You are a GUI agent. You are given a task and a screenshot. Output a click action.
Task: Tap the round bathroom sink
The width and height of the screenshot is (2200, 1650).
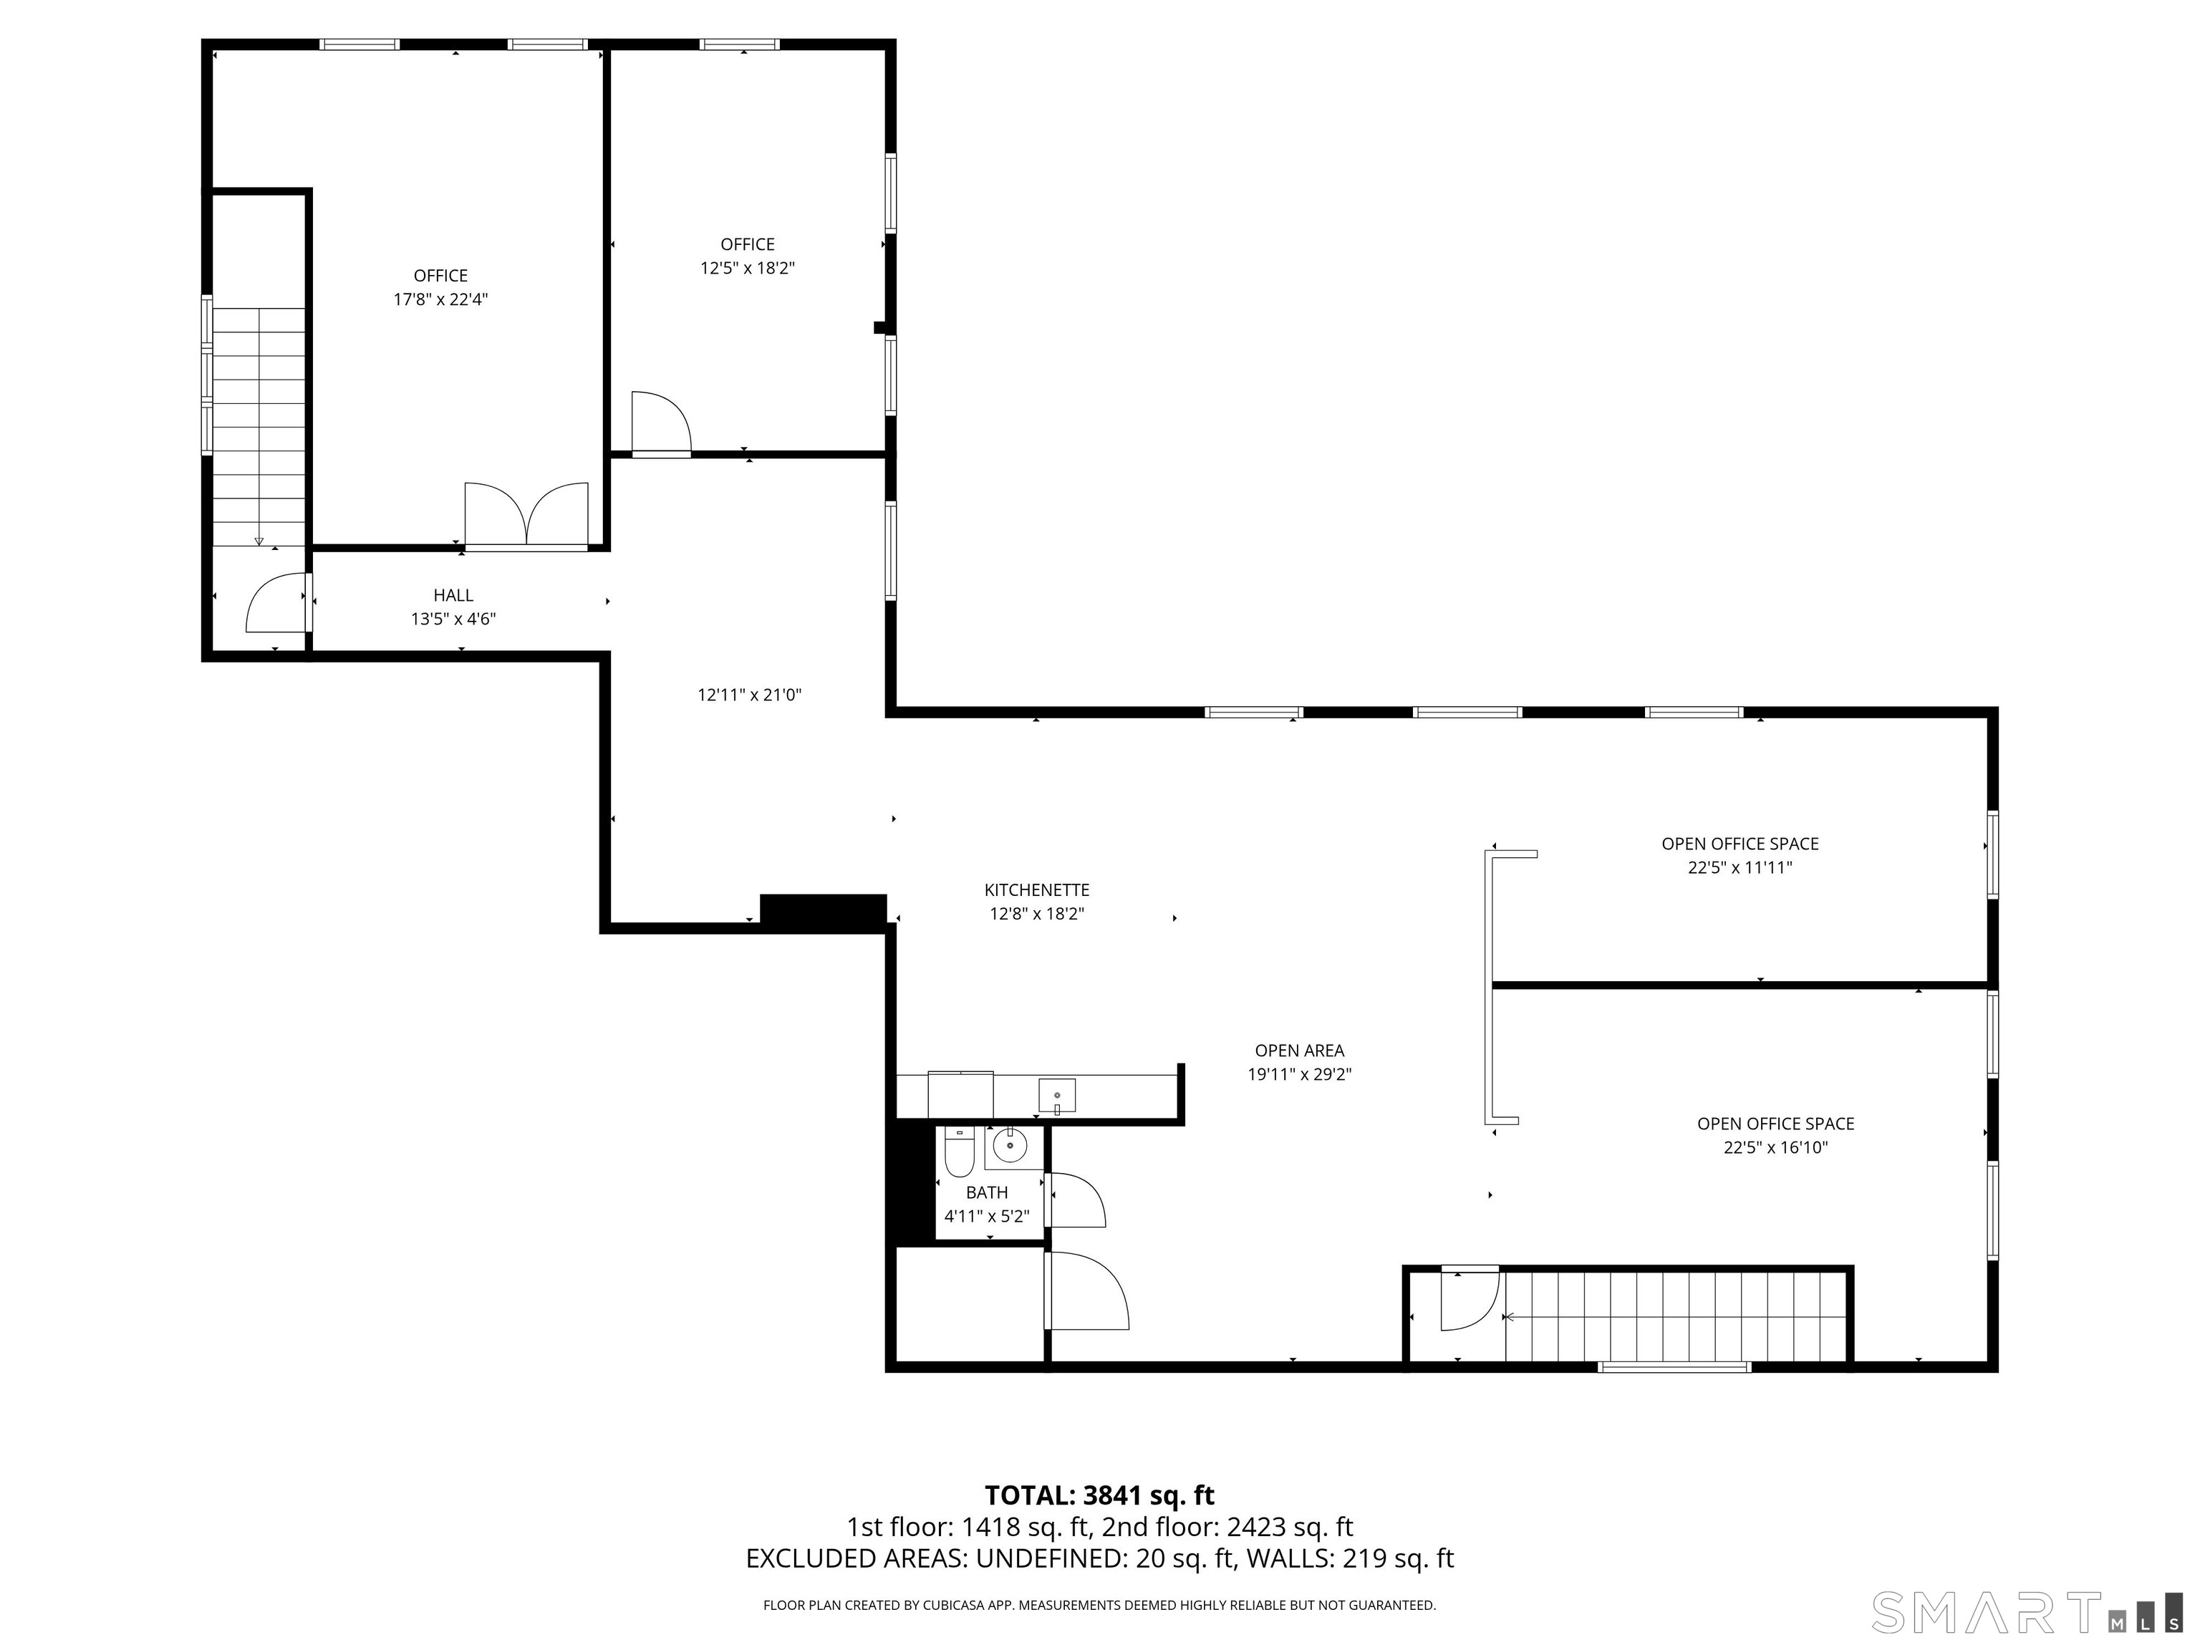tap(1010, 1146)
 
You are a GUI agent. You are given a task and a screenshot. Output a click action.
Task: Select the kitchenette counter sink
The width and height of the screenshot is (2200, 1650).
tap(1056, 1096)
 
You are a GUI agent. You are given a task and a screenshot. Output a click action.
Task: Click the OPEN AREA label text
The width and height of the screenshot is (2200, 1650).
tap(1300, 1051)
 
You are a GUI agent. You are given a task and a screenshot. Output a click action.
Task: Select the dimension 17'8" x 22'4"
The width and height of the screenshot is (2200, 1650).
tap(440, 299)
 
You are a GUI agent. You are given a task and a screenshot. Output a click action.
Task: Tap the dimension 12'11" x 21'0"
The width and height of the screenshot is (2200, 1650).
tap(750, 695)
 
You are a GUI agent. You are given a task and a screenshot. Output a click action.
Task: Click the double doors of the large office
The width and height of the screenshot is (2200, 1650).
tap(527, 515)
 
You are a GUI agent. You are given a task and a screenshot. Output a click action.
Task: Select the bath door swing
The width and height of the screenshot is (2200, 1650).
tap(1075, 1200)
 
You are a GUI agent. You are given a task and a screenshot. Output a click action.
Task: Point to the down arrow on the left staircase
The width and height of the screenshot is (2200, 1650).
tap(259, 541)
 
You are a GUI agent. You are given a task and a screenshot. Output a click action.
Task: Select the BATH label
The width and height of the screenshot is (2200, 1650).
tap(987, 1192)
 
